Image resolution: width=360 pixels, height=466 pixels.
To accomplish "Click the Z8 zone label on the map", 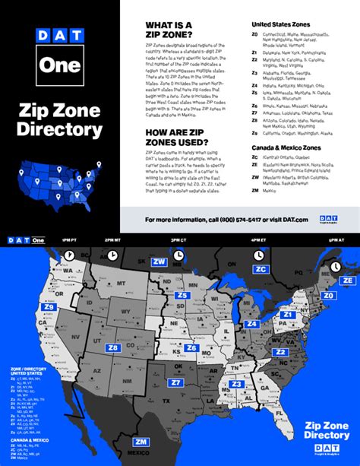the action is [x=113, y=348].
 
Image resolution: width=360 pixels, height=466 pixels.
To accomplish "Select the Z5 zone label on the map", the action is [x=182, y=295].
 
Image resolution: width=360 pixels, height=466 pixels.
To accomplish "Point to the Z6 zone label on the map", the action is [x=191, y=347].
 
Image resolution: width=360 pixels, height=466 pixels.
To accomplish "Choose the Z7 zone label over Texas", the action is [x=175, y=382].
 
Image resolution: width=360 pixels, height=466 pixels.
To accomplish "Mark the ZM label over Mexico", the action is [x=141, y=441].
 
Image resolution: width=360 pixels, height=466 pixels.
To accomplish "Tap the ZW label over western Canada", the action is [x=159, y=262].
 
